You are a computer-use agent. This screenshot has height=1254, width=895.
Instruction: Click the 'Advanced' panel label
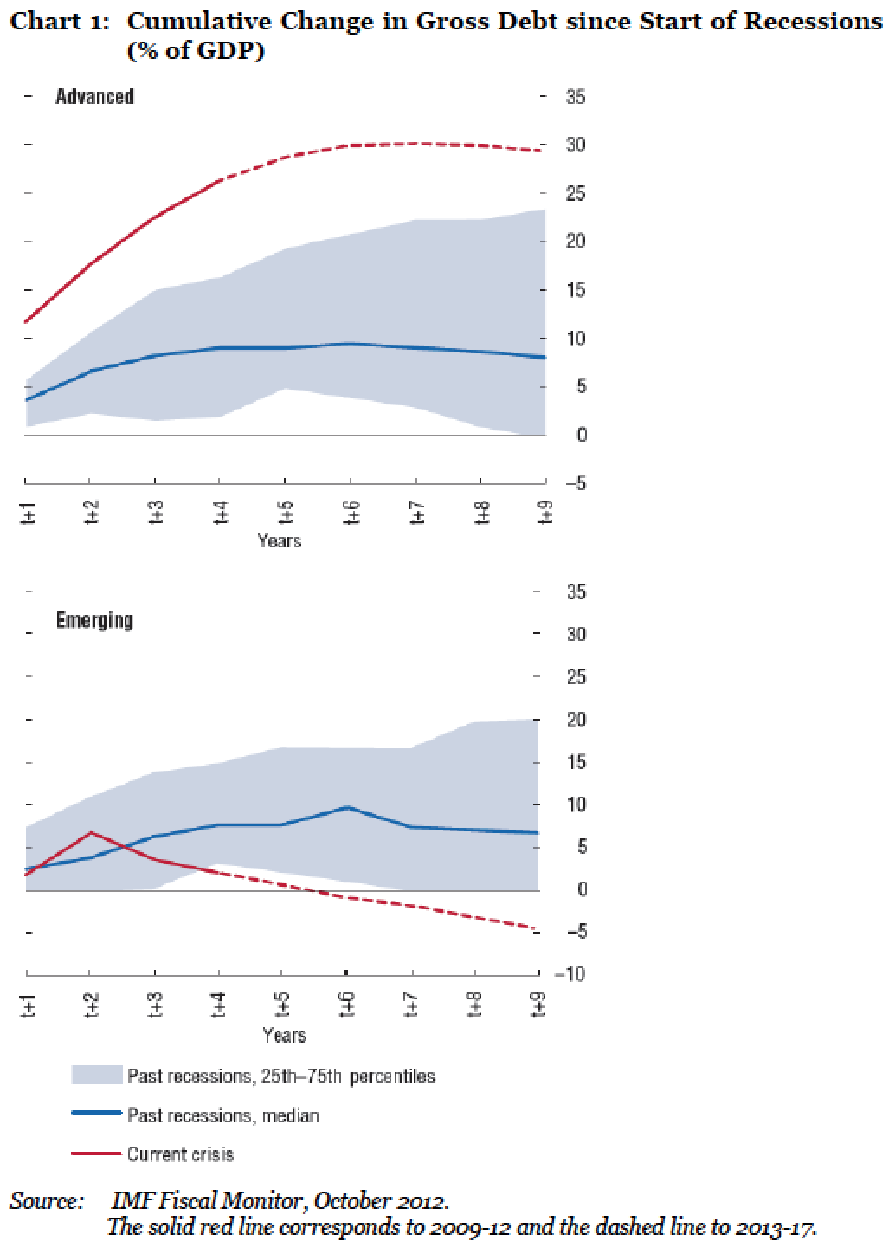[94, 96]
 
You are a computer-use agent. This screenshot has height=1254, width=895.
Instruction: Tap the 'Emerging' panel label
[94, 620]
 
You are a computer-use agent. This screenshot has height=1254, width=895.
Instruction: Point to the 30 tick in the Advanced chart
[576, 145]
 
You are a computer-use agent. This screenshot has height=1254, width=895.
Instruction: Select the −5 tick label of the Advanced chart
[574, 483]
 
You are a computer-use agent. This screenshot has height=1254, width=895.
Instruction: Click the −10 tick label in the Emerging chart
[570, 974]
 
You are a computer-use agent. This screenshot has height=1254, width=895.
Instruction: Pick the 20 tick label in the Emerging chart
[576, 720]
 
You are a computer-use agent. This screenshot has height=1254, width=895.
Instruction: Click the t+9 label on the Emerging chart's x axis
[538, 1007]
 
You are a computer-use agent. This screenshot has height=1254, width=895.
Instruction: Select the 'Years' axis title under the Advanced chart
[279, 541]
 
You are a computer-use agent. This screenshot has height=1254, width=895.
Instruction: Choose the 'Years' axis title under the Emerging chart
[284, 1036]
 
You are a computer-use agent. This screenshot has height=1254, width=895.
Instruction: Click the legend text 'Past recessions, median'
[223, 1115]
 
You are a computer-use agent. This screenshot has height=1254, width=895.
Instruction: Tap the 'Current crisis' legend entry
[180, 1154]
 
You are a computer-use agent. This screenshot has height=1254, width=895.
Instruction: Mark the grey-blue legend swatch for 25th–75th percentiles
[96, 1076]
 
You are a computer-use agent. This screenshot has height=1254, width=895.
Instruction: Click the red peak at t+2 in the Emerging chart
[90, 833]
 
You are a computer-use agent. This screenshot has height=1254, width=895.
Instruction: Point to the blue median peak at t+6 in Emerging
[347, 807]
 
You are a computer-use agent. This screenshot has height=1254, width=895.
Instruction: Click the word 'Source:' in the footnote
[47, 1202]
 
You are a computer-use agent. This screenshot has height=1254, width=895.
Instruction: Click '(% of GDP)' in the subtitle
[196, 51]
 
